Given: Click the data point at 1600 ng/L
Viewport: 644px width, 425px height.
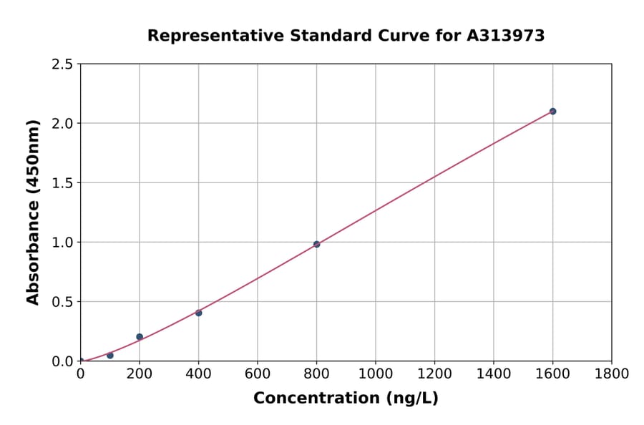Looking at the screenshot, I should (552, 111).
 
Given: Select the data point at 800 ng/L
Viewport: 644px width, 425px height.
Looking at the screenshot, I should (316, 244).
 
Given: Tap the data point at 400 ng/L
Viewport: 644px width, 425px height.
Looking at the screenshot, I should (198, 313).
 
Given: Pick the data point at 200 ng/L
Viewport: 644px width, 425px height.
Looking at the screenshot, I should (140, 336).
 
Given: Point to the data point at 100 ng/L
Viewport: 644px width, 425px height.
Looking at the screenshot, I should (109, 355).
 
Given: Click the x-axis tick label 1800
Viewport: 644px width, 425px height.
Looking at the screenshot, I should (611, 373).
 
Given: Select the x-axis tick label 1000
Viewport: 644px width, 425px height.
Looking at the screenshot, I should (375, 373).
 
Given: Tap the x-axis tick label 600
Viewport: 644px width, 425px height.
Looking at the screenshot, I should (257, 373).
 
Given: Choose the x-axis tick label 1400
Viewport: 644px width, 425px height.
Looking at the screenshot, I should (493, 373).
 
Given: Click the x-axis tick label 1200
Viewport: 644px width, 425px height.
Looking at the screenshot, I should (434, 373).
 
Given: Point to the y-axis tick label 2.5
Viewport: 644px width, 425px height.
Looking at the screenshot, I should (63, 64).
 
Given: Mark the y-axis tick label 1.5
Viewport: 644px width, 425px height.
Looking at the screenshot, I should (63, 183).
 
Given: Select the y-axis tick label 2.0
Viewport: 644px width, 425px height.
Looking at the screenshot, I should (63, 124).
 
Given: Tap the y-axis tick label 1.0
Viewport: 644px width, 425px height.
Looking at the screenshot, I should (63, 243).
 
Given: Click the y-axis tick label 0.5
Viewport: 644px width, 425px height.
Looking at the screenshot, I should (63, 302).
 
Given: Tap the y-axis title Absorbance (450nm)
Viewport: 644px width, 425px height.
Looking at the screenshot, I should (33, 212).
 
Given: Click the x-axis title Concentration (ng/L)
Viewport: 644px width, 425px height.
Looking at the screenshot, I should (346, 398).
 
